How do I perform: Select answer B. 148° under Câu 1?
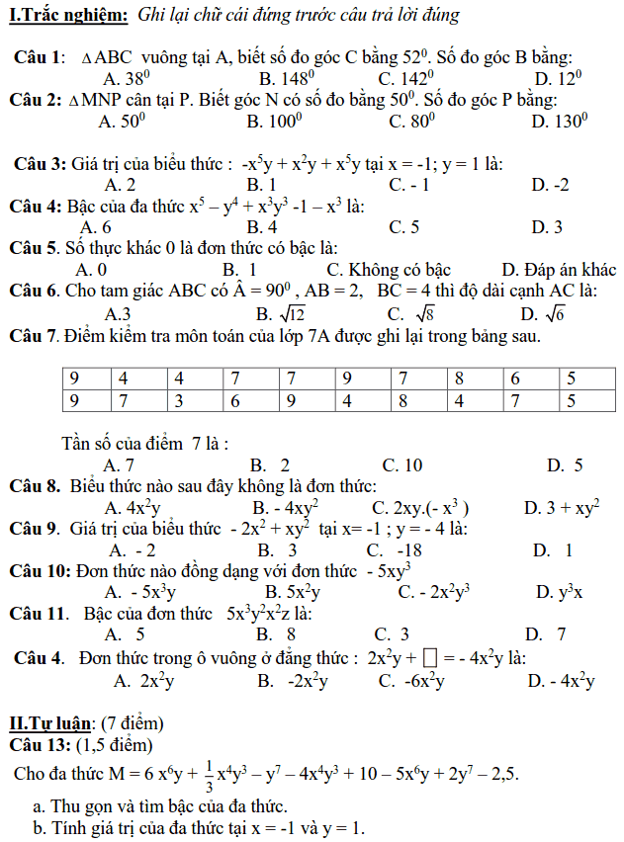(x=287, y=78)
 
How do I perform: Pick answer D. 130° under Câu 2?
(x=559, y=122)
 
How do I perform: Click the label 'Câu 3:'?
(x=40, y=163)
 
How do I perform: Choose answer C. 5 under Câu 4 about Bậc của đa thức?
(x=403, y=227)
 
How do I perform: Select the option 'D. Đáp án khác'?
(x=558, y=270)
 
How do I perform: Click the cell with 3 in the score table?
(x=180, y=401)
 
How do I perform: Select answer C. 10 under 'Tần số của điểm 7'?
(x=401, y=464)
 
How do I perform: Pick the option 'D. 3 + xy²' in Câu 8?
(x=562, y=508)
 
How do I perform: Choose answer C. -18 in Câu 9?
(x=394, y=549)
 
